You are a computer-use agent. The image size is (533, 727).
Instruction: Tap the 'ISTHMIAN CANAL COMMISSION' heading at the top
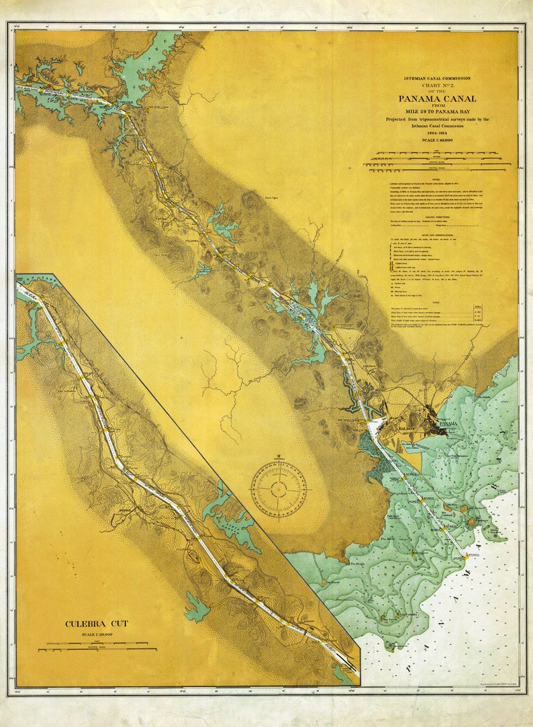[x=438, y=79]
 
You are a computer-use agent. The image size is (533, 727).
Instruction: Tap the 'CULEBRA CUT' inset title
[x=97, y=624]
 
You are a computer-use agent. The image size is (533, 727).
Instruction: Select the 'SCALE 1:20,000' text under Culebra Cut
[x=97, y=634]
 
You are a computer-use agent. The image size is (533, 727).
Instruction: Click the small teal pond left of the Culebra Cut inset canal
[x=197, y=608]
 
